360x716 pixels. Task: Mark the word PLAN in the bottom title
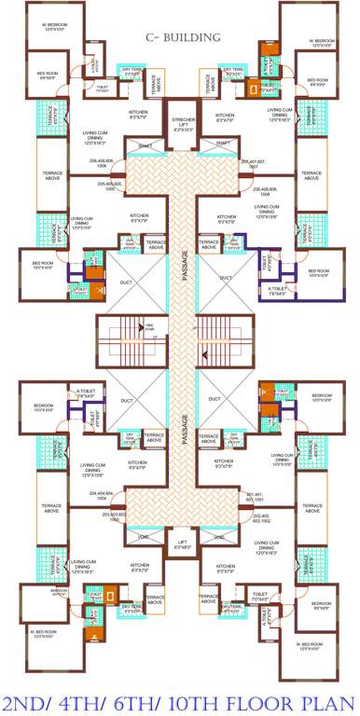coord(326,700)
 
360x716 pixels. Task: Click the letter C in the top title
coord(149,38)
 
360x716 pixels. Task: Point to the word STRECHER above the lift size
coord(181,120)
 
